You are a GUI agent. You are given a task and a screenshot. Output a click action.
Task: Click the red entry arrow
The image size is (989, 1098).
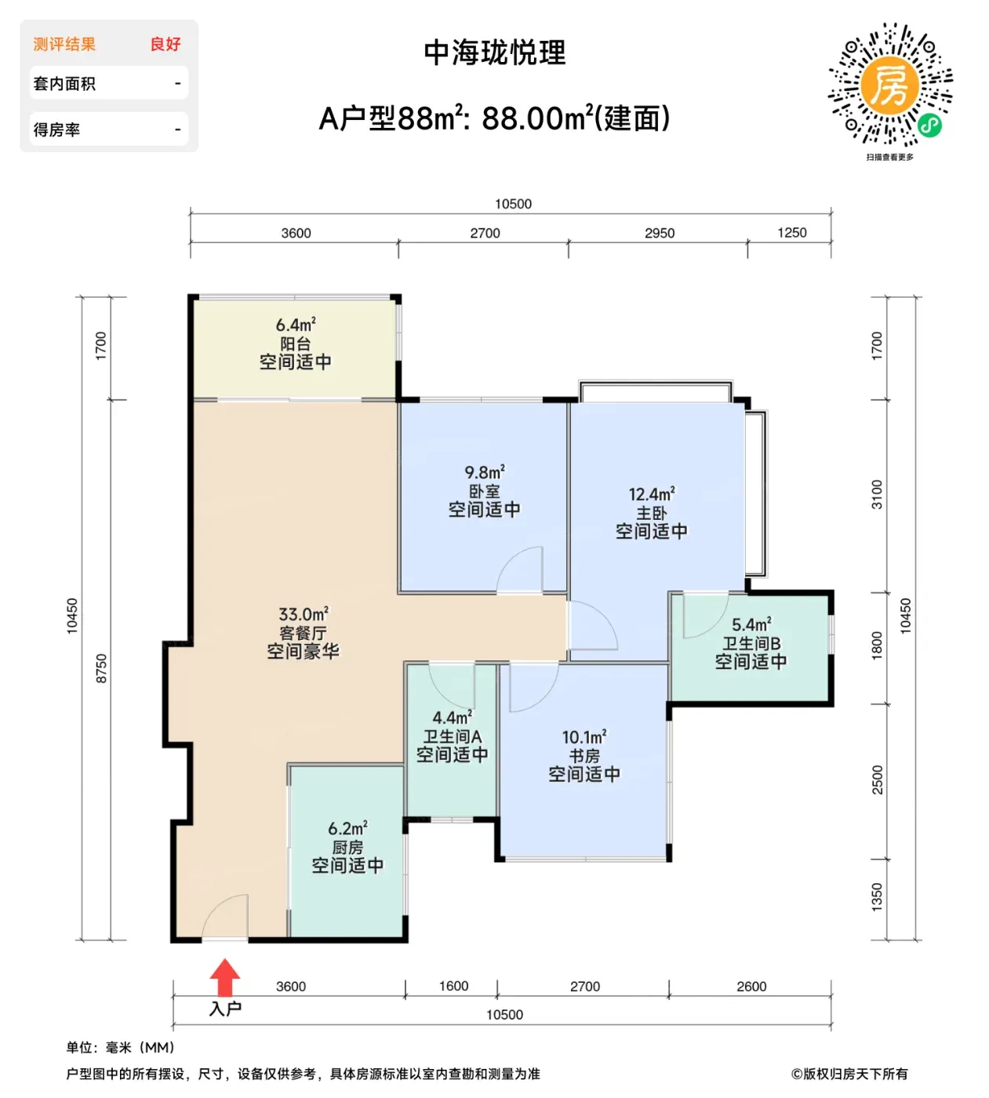point(224,977)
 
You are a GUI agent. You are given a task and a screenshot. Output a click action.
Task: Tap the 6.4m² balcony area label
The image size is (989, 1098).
point(296,325)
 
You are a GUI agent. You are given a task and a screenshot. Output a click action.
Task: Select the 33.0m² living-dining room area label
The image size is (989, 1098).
point(304,613)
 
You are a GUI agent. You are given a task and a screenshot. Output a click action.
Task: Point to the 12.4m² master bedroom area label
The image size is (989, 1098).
point(652,494)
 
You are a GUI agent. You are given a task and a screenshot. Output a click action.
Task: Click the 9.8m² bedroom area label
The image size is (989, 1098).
point(485,472)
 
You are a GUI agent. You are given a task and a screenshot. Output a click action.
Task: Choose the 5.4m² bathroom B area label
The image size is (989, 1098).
point(751,624)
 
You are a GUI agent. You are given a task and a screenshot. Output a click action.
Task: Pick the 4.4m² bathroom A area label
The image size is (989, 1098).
point(453,717)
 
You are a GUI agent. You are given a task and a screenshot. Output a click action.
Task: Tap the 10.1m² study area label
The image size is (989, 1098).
point(584,736)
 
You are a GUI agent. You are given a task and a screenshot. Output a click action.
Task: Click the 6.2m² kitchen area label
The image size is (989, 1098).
point(347,828)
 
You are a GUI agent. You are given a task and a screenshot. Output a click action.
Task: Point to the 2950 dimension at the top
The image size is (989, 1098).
point(660,233)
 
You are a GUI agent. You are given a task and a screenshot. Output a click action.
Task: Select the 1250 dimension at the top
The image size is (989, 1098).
point(792,233)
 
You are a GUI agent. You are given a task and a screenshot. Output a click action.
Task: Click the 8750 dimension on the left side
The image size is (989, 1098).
point(101,668)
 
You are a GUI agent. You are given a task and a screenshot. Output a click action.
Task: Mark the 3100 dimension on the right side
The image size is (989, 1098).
point(877,494)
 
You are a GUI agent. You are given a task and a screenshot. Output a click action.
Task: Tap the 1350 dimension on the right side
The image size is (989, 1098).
point(877,897)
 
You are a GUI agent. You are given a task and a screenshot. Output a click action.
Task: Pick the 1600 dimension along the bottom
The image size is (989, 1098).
point(453,986)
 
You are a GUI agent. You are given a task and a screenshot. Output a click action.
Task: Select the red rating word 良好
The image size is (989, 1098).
point(165,44)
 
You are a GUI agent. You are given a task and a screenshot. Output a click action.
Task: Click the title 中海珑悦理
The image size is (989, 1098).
point(495,53)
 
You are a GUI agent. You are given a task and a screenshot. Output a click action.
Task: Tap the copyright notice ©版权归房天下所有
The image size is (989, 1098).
point(849,1074)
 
